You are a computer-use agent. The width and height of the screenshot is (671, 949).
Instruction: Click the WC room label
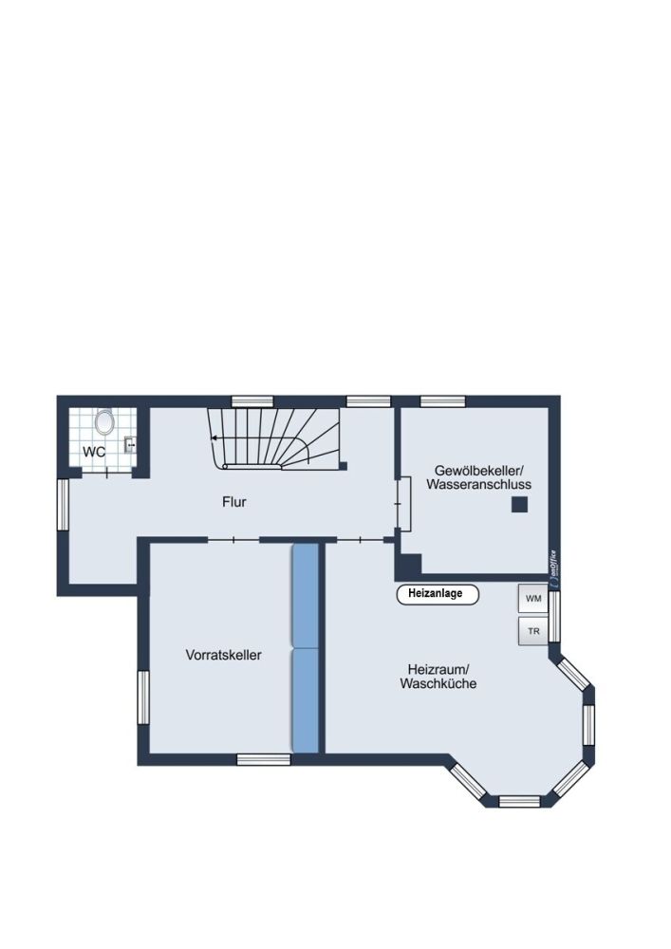click(x=94, y=452)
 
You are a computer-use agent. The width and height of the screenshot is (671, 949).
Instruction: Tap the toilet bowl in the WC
click(x=104, y=421)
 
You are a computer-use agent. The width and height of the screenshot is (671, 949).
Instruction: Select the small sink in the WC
click(x=130, y=442)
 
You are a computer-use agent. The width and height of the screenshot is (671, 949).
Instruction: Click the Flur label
click(x=233, y=502)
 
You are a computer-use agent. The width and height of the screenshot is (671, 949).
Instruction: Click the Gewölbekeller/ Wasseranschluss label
click(x=478, y=477)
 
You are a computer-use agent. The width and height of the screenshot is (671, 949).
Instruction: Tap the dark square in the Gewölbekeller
click(x=519, y=506)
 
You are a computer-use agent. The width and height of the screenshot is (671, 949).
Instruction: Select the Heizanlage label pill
click(x=437, y=594)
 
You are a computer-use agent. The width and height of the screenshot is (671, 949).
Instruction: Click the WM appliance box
click(x=532, y=599)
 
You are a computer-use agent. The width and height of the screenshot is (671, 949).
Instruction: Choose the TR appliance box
click(x=532, y=630)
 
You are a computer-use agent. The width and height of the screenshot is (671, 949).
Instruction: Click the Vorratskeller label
click(x=224, y=655)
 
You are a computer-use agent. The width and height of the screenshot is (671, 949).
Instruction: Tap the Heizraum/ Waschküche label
click(x=438, y=676)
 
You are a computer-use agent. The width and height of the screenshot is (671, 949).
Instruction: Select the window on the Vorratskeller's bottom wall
click(x=263, y=757)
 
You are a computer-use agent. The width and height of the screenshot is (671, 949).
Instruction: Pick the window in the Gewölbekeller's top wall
click(x=442, y=401)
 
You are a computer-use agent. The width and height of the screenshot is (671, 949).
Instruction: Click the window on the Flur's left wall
click(x=63, y=505)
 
